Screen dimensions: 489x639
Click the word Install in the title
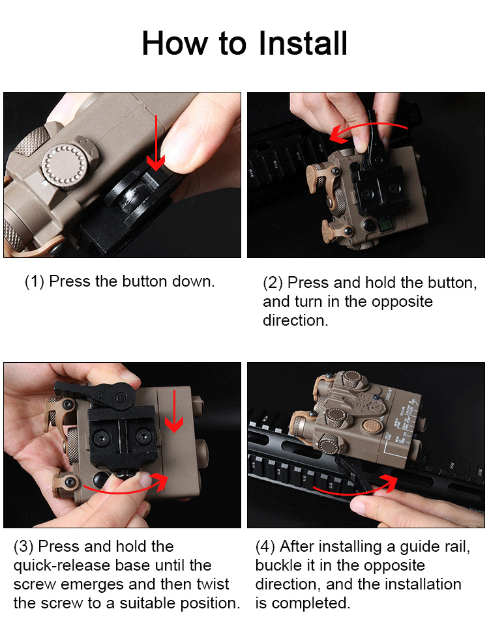click(x=303, y=43)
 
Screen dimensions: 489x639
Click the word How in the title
click(x=175, y=43)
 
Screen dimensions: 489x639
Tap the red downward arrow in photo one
click(x=156, y=143)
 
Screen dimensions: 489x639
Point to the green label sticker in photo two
click(x=385, y=224)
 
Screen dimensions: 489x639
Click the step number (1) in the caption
click(x=35, y=282)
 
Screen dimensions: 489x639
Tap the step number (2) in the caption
click(x=273, y=283)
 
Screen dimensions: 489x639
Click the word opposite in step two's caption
click(x=402, y=302)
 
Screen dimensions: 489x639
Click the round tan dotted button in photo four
click(x=370, y=426)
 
